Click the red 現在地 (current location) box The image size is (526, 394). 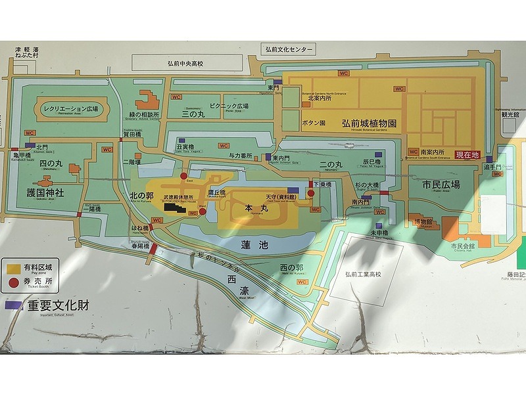click(x=467, y=155)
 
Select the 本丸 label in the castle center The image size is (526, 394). click(x=254, y=207)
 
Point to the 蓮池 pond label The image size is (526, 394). click(x=254, y=244)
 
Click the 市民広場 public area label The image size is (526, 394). click(x=442, y=185)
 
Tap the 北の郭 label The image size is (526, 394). click(x=141, y=195)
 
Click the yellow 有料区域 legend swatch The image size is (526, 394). click(x=12, y=269)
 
